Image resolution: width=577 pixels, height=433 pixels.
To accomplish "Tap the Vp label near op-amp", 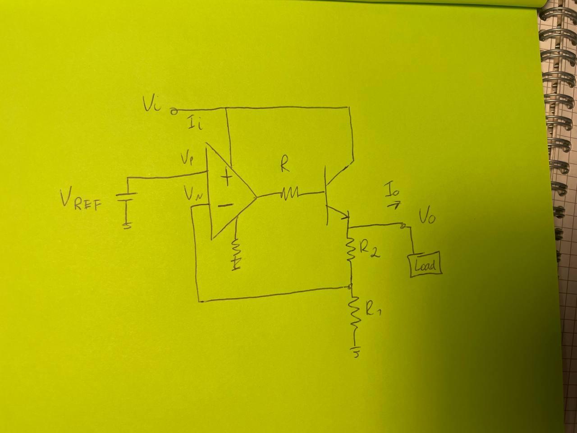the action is (x=188, y=160).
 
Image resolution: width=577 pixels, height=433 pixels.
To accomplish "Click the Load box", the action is (x=425, y=264).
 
